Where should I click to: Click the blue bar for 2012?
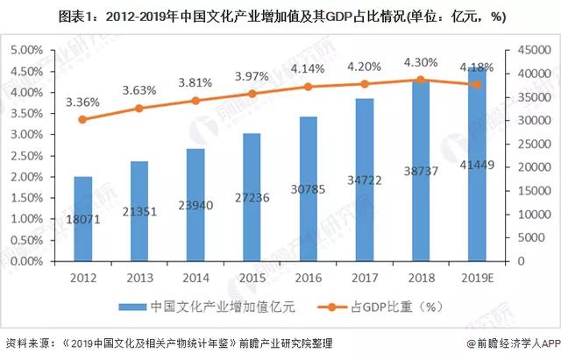coord(82,219)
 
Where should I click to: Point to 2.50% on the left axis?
coord(29,156)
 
